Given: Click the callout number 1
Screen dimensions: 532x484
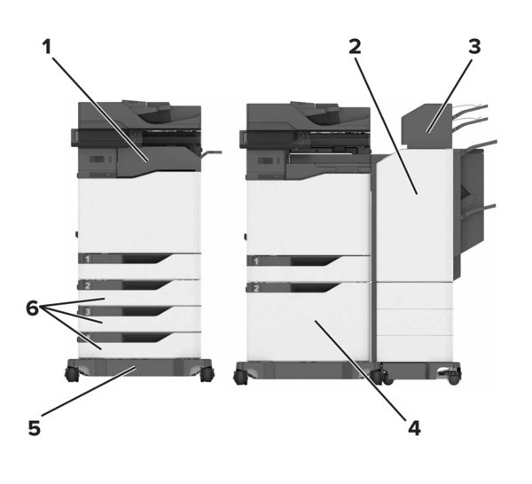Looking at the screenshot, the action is click(47, 46).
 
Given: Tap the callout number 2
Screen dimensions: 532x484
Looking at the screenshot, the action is click(355, 46).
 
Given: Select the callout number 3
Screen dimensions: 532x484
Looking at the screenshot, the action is click(474, 46).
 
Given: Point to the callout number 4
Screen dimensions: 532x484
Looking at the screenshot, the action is click(414, 428).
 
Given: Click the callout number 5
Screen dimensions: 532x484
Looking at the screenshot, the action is click(35, 428).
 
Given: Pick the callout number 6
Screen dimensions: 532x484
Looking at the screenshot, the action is click(32, 308).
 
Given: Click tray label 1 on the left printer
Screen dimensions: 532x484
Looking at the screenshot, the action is click(88, 259).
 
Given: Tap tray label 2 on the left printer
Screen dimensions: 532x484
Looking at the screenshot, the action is click(88, 285).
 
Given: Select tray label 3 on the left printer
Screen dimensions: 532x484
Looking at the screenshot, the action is click(88, 311).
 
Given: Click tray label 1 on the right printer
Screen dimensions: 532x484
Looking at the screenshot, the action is click(256, 262).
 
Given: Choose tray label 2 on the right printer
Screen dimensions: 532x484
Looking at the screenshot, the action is click(256, 288).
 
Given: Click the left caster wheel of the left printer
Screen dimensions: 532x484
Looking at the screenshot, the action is click(72, 374).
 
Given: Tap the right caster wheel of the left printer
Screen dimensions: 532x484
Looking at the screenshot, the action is click(207, 374).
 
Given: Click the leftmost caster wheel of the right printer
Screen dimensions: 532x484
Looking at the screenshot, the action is click(240, 377).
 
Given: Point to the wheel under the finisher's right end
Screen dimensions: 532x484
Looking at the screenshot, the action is click(454, 378).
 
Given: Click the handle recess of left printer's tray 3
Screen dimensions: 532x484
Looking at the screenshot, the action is click(147, 311).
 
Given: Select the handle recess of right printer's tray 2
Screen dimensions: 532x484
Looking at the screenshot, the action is click(315, 287).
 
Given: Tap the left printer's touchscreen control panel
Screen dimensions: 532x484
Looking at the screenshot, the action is click(74, 138).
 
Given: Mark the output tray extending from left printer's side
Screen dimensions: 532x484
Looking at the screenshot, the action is click(211, 154).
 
